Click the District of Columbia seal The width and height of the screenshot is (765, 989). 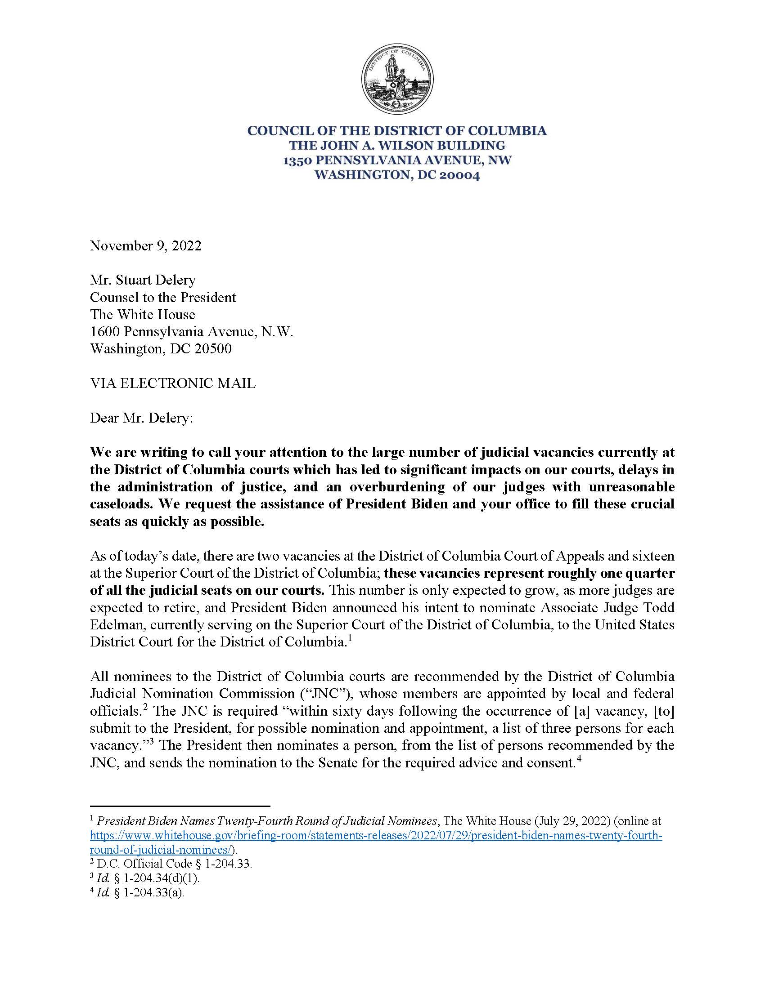tap(397, 79)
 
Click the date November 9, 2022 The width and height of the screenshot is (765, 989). tap(145, 246)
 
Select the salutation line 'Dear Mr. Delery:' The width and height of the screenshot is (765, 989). tap(141, 418)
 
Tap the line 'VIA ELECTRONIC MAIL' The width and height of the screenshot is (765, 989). tap(173, 383)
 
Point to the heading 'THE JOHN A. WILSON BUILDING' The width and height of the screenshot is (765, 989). tap(397, 145)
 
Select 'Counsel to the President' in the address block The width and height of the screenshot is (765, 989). tap(163, 298)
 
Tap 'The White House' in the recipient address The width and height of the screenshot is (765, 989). tap(142, 315)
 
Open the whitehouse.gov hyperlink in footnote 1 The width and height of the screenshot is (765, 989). tap(376, 836)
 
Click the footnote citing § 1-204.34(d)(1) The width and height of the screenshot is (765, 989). tap(145, 878)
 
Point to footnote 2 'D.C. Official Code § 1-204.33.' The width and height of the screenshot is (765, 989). tap(171, 864)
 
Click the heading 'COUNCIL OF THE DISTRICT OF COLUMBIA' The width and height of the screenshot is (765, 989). tap(397, 131)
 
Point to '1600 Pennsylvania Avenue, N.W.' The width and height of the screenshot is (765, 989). tap(191, 332)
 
